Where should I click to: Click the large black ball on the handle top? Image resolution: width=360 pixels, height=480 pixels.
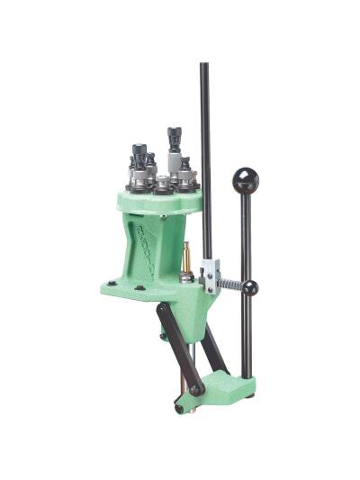pos(245,180)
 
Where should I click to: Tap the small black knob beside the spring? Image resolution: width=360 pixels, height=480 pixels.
pos(249,288)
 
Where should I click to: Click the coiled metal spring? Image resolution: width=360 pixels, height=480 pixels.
pos(230,285)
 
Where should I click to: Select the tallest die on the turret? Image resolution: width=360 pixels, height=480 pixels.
pos(174,149)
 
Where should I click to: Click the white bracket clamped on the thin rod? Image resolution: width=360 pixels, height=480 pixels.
pos(211,274)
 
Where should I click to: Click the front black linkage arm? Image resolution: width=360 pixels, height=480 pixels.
pos(176,347)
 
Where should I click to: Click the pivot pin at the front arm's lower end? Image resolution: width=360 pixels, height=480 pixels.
pos(193,389)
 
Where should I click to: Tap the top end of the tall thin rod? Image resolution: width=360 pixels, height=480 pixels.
pos(204,67)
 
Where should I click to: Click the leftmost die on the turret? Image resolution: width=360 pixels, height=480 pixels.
pos(139,162)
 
